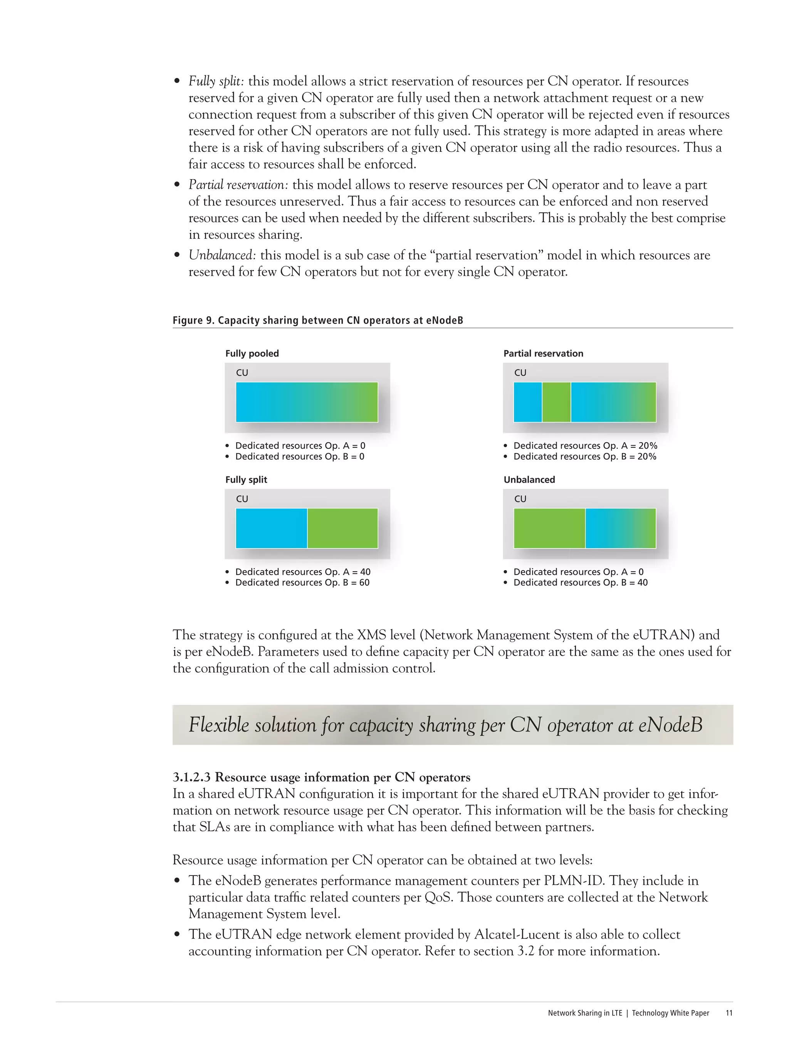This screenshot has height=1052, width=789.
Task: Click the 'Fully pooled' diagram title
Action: click(x=252, y=353)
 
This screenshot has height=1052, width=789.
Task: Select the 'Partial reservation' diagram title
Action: click(x=543, y=353)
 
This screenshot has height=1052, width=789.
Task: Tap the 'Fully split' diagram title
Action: click(x=246, y=480)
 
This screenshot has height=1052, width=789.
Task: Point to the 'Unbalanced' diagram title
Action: click(x=529, y=480)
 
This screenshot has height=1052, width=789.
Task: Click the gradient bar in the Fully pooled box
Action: click(x=307, y=402)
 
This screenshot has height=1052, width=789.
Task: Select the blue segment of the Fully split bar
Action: click(x=271, y=528)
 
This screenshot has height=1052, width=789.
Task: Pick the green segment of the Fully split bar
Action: click(x=342, y=528)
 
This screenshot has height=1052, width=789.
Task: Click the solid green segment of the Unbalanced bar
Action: click(x=549, y=528)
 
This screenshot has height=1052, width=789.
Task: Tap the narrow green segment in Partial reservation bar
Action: click(x=556, y=402)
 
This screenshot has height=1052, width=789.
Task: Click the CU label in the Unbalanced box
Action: click(x=520, y=499)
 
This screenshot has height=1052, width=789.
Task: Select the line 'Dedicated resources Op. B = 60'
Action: click(x=302, y=582)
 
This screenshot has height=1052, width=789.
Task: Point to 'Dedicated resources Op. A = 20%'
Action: click(x=585, y=446)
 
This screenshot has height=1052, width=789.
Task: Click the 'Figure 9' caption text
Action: click(x=318, y=320)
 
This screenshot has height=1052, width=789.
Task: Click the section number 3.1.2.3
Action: click(x=191, y=777)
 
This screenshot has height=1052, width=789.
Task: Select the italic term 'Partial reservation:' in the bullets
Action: click(x=238, y=185)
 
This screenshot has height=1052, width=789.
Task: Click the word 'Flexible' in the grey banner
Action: click(x=219, y=725)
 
